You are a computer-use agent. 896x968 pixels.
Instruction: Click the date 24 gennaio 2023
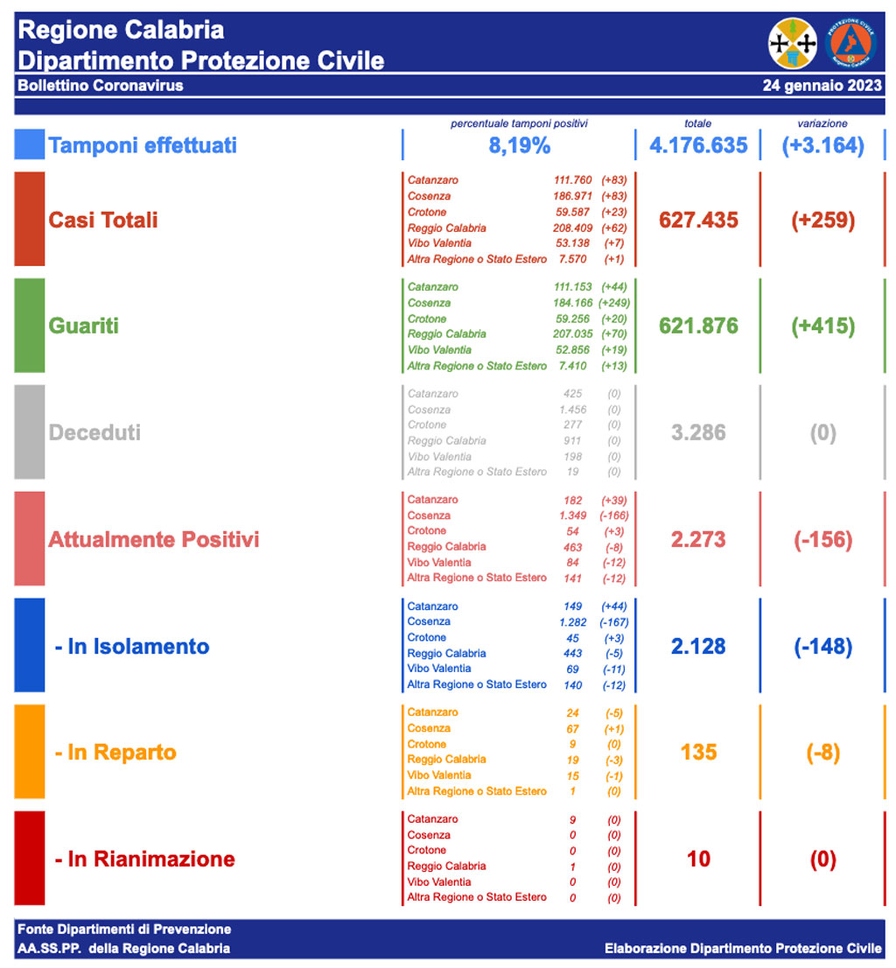click(822, 86)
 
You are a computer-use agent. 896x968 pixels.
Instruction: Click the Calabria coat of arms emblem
click(793, 43)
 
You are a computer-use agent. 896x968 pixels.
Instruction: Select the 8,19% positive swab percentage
click(519, 145)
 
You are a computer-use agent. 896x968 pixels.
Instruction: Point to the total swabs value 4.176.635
click(698, 145)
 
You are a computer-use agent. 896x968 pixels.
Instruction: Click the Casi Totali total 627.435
click(698, 220)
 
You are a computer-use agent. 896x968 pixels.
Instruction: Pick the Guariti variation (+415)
click(822, 326)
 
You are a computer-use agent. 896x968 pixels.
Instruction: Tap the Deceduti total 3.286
click(698, 432)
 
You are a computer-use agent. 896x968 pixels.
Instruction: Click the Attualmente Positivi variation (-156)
click(822, 539)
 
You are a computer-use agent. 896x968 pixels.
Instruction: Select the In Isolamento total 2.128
click(698, 646)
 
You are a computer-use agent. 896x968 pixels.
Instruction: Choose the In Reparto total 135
click(698, 753)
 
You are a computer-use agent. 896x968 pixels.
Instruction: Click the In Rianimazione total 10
click(698, 859)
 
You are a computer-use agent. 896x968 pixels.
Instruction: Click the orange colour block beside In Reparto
click(29, 753)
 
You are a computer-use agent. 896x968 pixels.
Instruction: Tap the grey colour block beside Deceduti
click(29, 432)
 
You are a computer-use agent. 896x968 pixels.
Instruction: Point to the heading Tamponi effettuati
click(143, 145)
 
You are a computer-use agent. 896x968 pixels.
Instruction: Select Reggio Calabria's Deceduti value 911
click(573, 441)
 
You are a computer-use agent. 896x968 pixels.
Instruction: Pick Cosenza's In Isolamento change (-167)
click(612, 622)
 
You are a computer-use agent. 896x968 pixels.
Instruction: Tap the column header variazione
click(822, 123)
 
